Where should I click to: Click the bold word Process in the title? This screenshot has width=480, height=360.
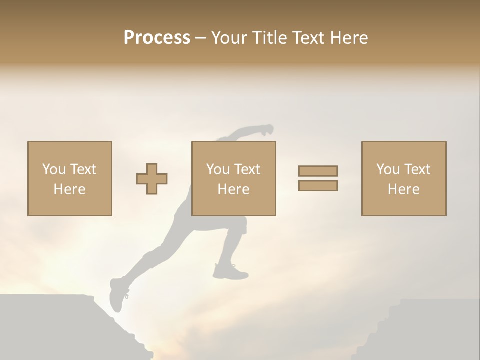click(x=157, y=38)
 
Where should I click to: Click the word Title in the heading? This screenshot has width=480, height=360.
click(x=269, y=38)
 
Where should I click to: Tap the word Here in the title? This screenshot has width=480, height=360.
click(x=348, y=38)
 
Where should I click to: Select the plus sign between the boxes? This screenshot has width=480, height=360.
click(x=152, y=179)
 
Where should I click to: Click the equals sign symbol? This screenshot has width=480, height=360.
click(x=318, y=178)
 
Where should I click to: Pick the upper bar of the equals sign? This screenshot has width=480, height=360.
click(x=318, y=171)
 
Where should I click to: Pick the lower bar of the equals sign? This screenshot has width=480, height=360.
click(x=318, y=186)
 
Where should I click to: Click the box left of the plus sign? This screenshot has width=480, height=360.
click(x=69, y=178)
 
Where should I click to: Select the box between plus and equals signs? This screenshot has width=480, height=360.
click(x=233, y=178)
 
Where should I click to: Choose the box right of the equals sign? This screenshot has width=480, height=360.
click(x=403, y=178)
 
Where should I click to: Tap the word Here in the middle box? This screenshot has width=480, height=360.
click(x=233, y=189)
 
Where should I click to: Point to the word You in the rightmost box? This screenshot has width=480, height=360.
click(x=388, y=169)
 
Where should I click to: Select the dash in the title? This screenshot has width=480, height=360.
click(x=201, y=38)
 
